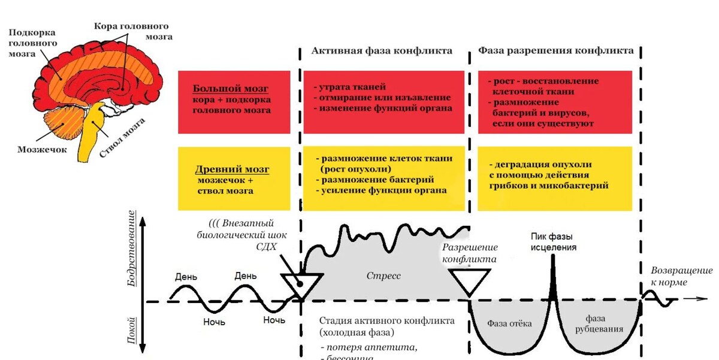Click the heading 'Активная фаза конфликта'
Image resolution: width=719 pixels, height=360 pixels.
(382, 51)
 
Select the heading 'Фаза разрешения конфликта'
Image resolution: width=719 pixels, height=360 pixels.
(555, 51)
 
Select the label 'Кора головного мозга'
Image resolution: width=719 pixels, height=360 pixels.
(132, 32)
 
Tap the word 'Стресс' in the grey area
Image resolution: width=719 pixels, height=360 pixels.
(383, 276)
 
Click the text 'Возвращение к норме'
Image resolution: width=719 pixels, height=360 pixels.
(678, 276)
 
